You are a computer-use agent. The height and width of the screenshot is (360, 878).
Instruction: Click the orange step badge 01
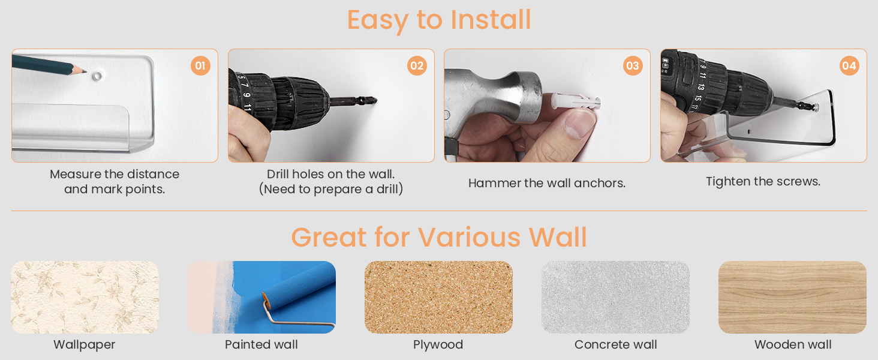click(200, 65)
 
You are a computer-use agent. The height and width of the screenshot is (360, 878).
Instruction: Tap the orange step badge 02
click(417, 65)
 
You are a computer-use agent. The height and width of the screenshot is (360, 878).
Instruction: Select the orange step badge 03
click(633, 65)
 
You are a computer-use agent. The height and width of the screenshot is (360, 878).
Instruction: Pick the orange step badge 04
click(849, 65)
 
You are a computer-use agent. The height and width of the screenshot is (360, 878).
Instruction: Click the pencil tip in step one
click(86, 72)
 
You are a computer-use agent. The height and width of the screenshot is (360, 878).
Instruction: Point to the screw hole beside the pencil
click(97, 76)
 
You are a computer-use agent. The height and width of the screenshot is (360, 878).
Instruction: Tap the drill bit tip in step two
click(376, 101)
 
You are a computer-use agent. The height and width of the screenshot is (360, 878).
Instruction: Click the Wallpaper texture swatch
click(85, 297)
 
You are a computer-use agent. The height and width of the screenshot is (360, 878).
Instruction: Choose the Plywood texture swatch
click(438, 297)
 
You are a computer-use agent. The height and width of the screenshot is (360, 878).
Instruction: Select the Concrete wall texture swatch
click(615, 297)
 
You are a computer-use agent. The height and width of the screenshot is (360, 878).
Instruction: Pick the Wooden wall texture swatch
click(793, 297)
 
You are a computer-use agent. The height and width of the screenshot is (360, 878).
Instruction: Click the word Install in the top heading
click(491, 20)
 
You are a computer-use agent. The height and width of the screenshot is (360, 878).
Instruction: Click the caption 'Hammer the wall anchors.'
click(547, 183)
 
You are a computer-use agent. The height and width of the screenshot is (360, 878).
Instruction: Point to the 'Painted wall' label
click(261, 344)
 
